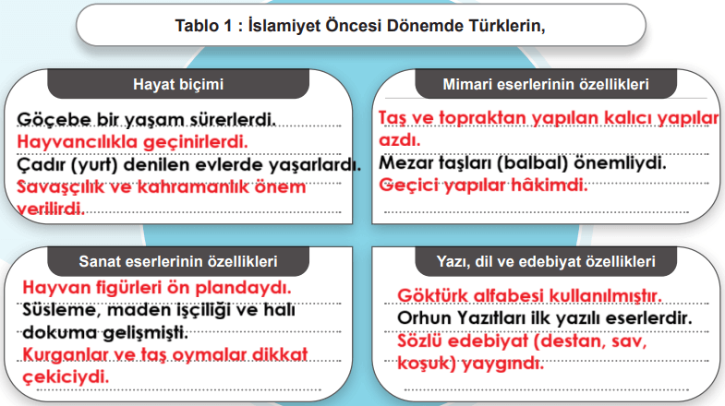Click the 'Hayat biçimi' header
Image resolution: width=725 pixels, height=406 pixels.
coord(179,84)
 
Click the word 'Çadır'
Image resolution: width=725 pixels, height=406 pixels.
coord(41,164)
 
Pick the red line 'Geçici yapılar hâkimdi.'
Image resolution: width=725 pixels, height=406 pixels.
coord(484,185)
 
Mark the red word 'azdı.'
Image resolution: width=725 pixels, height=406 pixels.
coord(400,141)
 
